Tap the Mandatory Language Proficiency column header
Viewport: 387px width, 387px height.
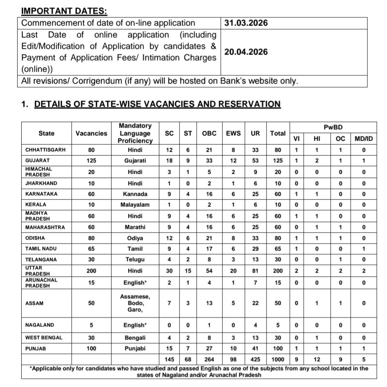tap(135, 133)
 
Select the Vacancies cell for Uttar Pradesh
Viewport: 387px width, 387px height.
tap(91, 271)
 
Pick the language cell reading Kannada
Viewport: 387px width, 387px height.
tap(135, 194)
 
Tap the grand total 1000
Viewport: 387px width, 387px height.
tap(278, 359)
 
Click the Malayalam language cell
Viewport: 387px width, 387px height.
tap(135, 204)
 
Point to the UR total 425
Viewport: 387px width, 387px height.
tap(255, 359)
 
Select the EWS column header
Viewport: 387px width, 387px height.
tap(233, 133)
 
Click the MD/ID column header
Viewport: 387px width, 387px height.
tap(363, 139)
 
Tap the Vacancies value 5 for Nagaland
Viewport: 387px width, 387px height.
tap(91, 326)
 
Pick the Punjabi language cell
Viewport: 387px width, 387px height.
tap(135, 349)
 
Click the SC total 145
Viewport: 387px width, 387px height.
tap(169, 359)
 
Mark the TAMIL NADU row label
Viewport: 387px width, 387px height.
tap(41, 249)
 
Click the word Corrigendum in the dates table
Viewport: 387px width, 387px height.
tap(95, 81)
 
